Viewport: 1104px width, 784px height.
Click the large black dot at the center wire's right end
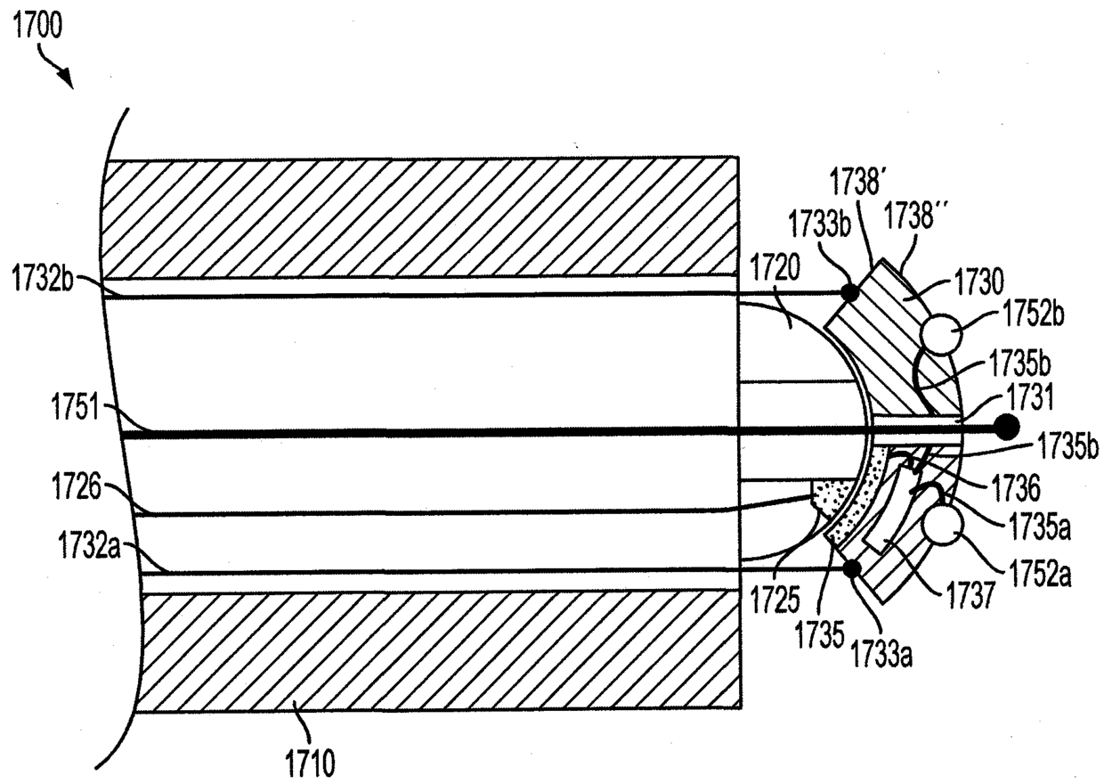pyautogui.click(x=1006, y=428)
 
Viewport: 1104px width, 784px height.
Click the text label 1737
pyautogui.click(x=976, y=595)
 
